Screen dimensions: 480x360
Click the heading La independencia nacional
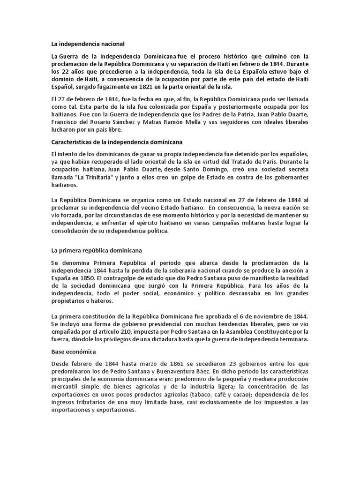pos(88,44)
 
